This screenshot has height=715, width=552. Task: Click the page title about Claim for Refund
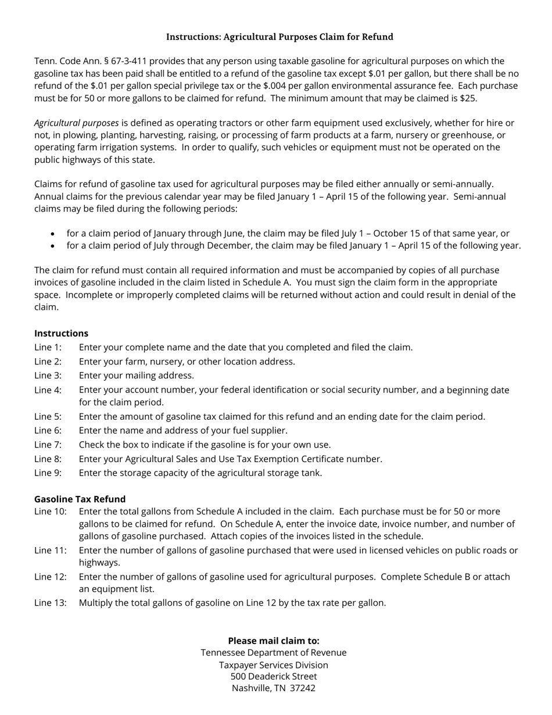click(x=279, y=37)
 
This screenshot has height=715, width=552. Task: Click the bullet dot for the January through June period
click(x=53, y=234)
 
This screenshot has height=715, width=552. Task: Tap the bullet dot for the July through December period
click(x=53, y=246)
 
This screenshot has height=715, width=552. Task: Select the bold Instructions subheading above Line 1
click(x=61, y=334)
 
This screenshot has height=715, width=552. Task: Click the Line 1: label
click(x=48, y=348)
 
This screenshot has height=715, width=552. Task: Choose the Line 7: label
click(x=48, y=445)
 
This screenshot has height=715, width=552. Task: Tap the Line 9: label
click(x=48, y=473)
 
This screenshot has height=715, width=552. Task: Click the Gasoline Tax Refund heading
click(x=80, y=499)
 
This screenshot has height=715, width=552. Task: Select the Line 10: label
click(x=50, y=512)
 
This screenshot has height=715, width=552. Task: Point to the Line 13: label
click(x=50, y=603)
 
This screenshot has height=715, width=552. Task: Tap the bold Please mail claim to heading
click(x=274, y=641)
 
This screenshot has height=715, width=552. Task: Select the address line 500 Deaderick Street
click(x=274, y=677)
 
